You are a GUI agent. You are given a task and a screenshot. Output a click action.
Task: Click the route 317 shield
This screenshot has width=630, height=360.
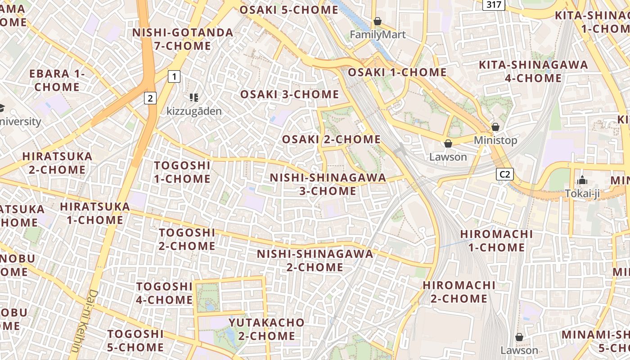[x=494, y=4]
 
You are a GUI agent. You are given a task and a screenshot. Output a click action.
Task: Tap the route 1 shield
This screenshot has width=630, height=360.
[x=174, y=76]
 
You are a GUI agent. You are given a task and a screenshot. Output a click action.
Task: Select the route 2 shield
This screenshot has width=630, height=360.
[x=150, y=98]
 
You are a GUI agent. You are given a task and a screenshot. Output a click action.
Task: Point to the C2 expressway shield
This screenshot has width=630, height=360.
[x=505, y=174]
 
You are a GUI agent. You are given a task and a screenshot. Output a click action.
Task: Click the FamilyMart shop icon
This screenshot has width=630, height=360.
[x=378, y=21]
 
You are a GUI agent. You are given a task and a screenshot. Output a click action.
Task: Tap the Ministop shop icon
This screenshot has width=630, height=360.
[x=495, y=127]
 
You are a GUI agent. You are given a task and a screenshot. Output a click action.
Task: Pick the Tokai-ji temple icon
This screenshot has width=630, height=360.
[x=583, y=180]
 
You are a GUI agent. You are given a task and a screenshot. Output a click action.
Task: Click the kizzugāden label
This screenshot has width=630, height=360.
[x=194, y=111]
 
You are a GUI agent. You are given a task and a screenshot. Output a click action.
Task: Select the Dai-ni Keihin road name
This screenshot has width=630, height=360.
[x=85, y=321]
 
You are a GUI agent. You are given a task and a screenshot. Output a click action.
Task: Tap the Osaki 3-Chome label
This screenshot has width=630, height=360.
[x=289, y=94]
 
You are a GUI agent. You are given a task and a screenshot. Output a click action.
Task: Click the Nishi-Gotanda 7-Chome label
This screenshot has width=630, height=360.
[x=183, y=39]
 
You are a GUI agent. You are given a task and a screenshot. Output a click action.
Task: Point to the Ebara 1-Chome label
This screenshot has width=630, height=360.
[x=57, y=80]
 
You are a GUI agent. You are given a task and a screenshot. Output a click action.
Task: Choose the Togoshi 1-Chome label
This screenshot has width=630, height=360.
[x=182, y=172]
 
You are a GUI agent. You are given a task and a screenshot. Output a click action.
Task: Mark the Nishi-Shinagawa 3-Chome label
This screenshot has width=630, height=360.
[x=328, y=184]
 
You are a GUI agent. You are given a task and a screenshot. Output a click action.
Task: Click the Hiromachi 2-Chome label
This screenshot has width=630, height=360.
[x=459, y=292]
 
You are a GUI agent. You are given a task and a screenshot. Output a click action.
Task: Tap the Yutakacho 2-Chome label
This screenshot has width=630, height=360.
[x=266, y=329]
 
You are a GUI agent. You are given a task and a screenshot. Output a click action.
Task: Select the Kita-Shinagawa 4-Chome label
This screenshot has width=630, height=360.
[x=533, y=71]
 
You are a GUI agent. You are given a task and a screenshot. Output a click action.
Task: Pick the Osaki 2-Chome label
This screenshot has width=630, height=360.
[x=331, y=139]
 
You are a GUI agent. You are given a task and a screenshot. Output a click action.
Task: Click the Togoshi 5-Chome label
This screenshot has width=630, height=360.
[x=135, y=340]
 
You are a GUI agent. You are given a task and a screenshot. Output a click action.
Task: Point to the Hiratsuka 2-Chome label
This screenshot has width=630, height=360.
[x=57, y=163]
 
